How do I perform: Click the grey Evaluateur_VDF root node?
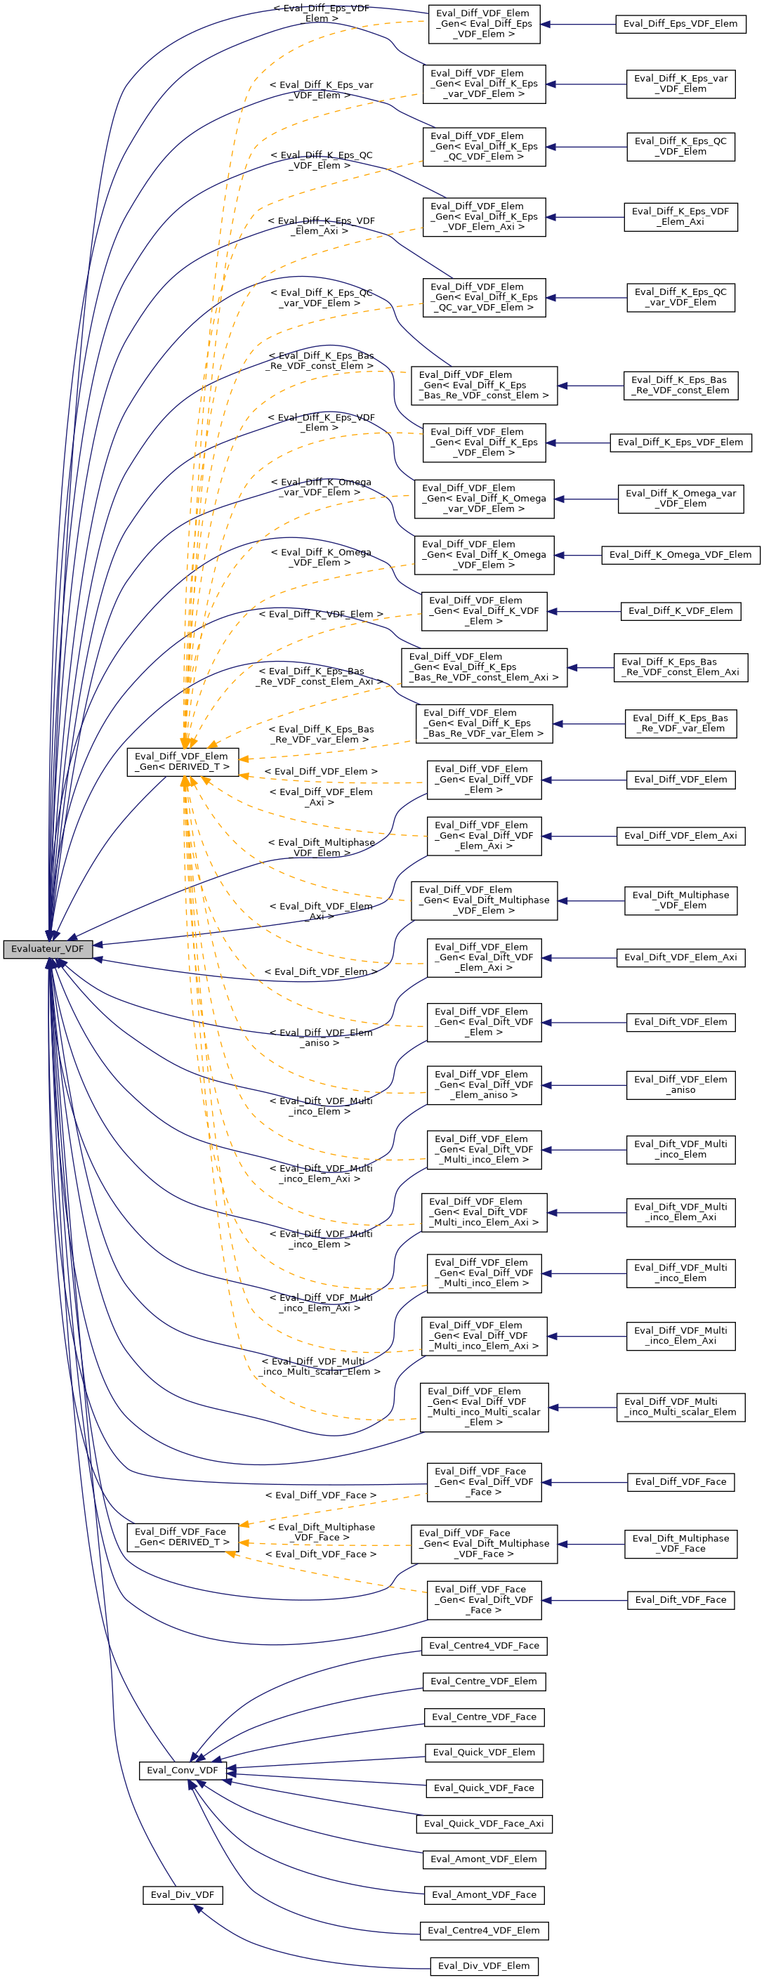47,948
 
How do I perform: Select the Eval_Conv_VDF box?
182,1769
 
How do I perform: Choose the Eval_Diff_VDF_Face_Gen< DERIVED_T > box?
182,1537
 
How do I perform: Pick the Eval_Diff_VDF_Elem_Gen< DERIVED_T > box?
182,761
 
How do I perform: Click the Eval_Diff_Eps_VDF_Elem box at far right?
680,24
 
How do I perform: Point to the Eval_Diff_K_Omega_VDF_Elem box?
680,554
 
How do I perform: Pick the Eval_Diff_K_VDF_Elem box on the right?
680,610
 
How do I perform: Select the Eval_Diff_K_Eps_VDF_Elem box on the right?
680,442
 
